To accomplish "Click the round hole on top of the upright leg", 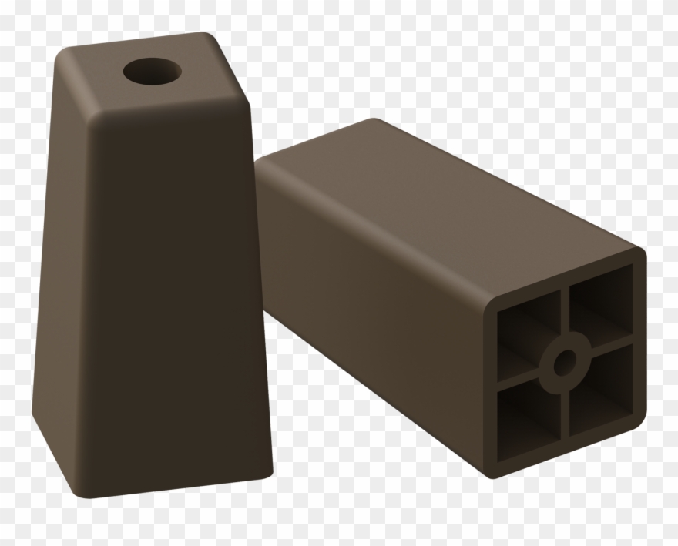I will [x=153, y=73].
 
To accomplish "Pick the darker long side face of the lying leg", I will [x=370, y=308].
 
